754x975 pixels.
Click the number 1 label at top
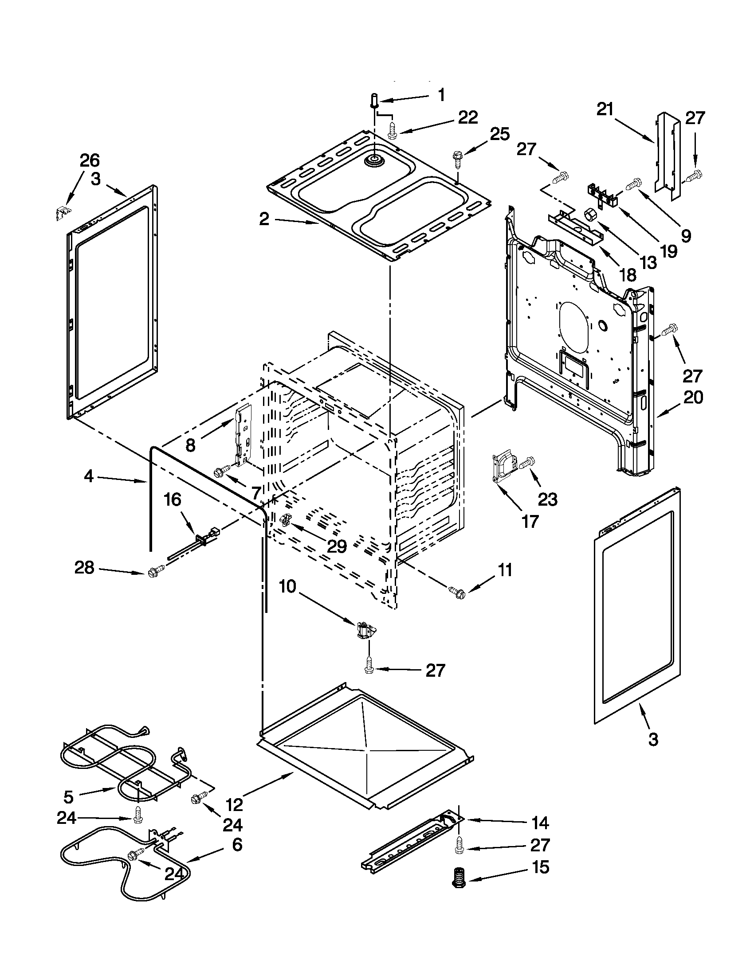(x=441, y=95)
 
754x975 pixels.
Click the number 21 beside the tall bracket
(x=605, y=109)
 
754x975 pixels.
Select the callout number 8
(x=190, y=445)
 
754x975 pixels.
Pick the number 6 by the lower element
(x=237, y=845)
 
